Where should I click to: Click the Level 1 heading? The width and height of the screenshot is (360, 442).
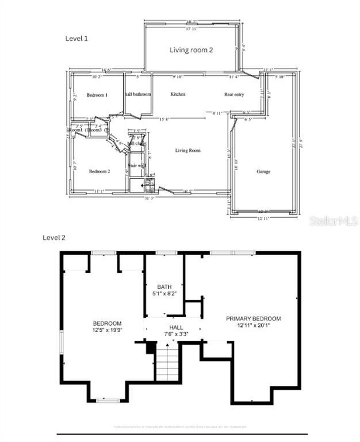(76, 38)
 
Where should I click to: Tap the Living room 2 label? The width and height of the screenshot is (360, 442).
(192, 50)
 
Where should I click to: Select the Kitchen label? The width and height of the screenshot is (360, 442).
(177, 94)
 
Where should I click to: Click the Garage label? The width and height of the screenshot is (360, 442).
(263, 172)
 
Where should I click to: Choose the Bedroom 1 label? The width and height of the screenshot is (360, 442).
(97, 95)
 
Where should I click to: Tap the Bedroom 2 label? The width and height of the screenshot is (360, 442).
(99, 171)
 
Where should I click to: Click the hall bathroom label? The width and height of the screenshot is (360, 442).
(138, 94)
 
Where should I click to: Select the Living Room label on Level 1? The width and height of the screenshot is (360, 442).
(188, 150)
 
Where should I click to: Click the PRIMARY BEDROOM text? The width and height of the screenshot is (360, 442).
(253, 319)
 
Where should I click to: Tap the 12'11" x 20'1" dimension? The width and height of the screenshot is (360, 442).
(253, 326)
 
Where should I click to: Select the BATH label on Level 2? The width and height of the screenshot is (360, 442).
(164, 287)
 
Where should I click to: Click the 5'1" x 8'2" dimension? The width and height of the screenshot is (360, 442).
(164, 294)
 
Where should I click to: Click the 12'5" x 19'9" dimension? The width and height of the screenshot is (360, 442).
(108, 330)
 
